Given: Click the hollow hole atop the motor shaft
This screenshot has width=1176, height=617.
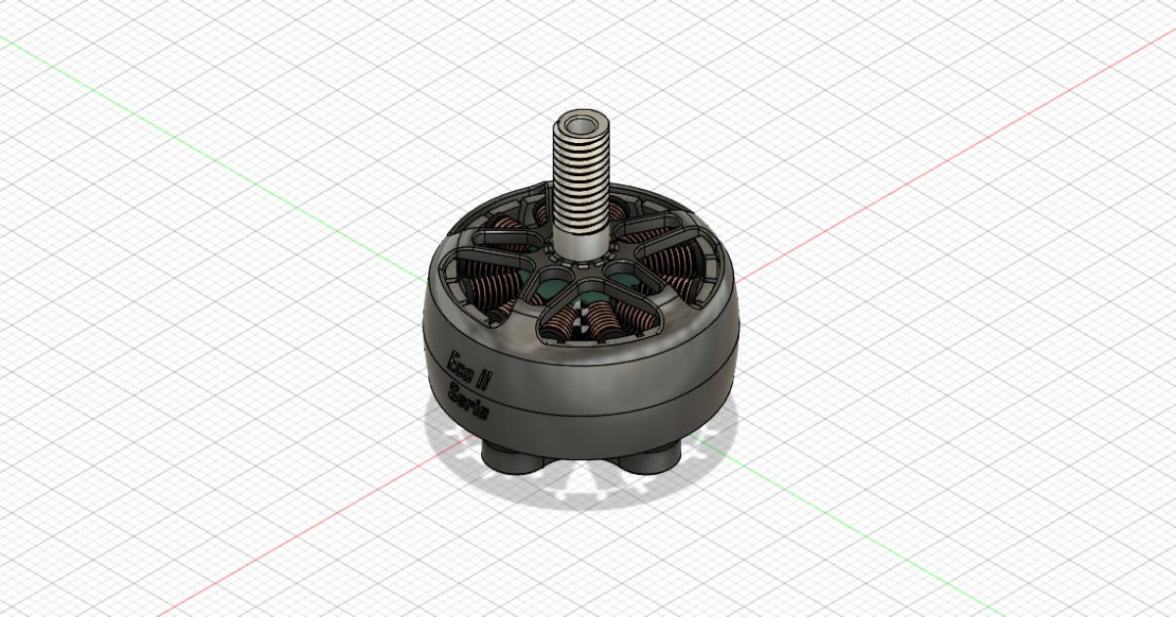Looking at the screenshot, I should point(582,125).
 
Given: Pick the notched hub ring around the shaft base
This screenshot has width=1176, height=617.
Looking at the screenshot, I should point(582,261).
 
